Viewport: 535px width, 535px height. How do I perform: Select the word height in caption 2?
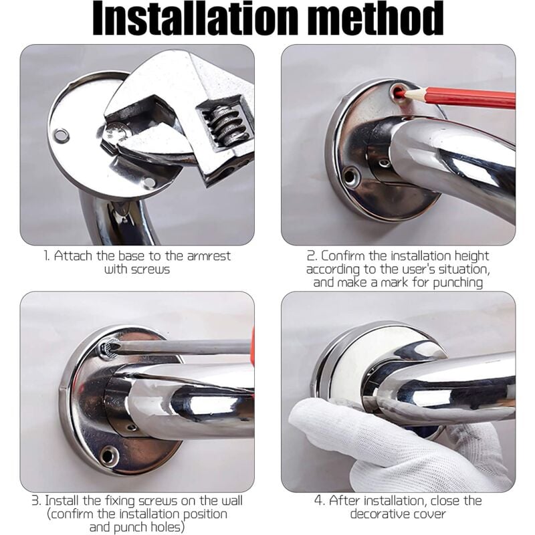pyautogui.click(x=471, y=257)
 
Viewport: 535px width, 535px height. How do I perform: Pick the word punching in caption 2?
pyautogui.click(x=457, y=283)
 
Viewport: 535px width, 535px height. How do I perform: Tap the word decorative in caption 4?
pyautogui.click(x=374, y=514)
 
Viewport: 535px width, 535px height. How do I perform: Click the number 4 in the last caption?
pyautogui.click(x=318, y=501)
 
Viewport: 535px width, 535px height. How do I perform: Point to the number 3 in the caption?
pyautogui.click(x=35, y=501)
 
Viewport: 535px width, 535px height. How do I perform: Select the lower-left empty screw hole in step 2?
pyautogui.click(x=350, y=175)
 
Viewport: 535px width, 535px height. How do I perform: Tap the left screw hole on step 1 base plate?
pyautogui.click(x=62, y=135)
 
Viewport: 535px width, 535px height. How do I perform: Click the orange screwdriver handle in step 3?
pyautogui.click(x=253, y=341)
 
